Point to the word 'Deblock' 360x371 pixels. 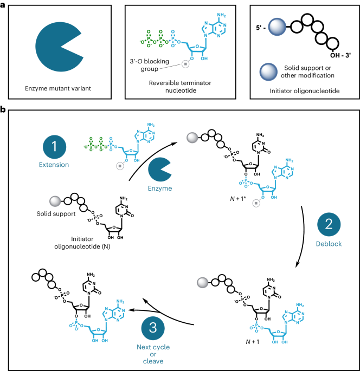pos(328,244)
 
